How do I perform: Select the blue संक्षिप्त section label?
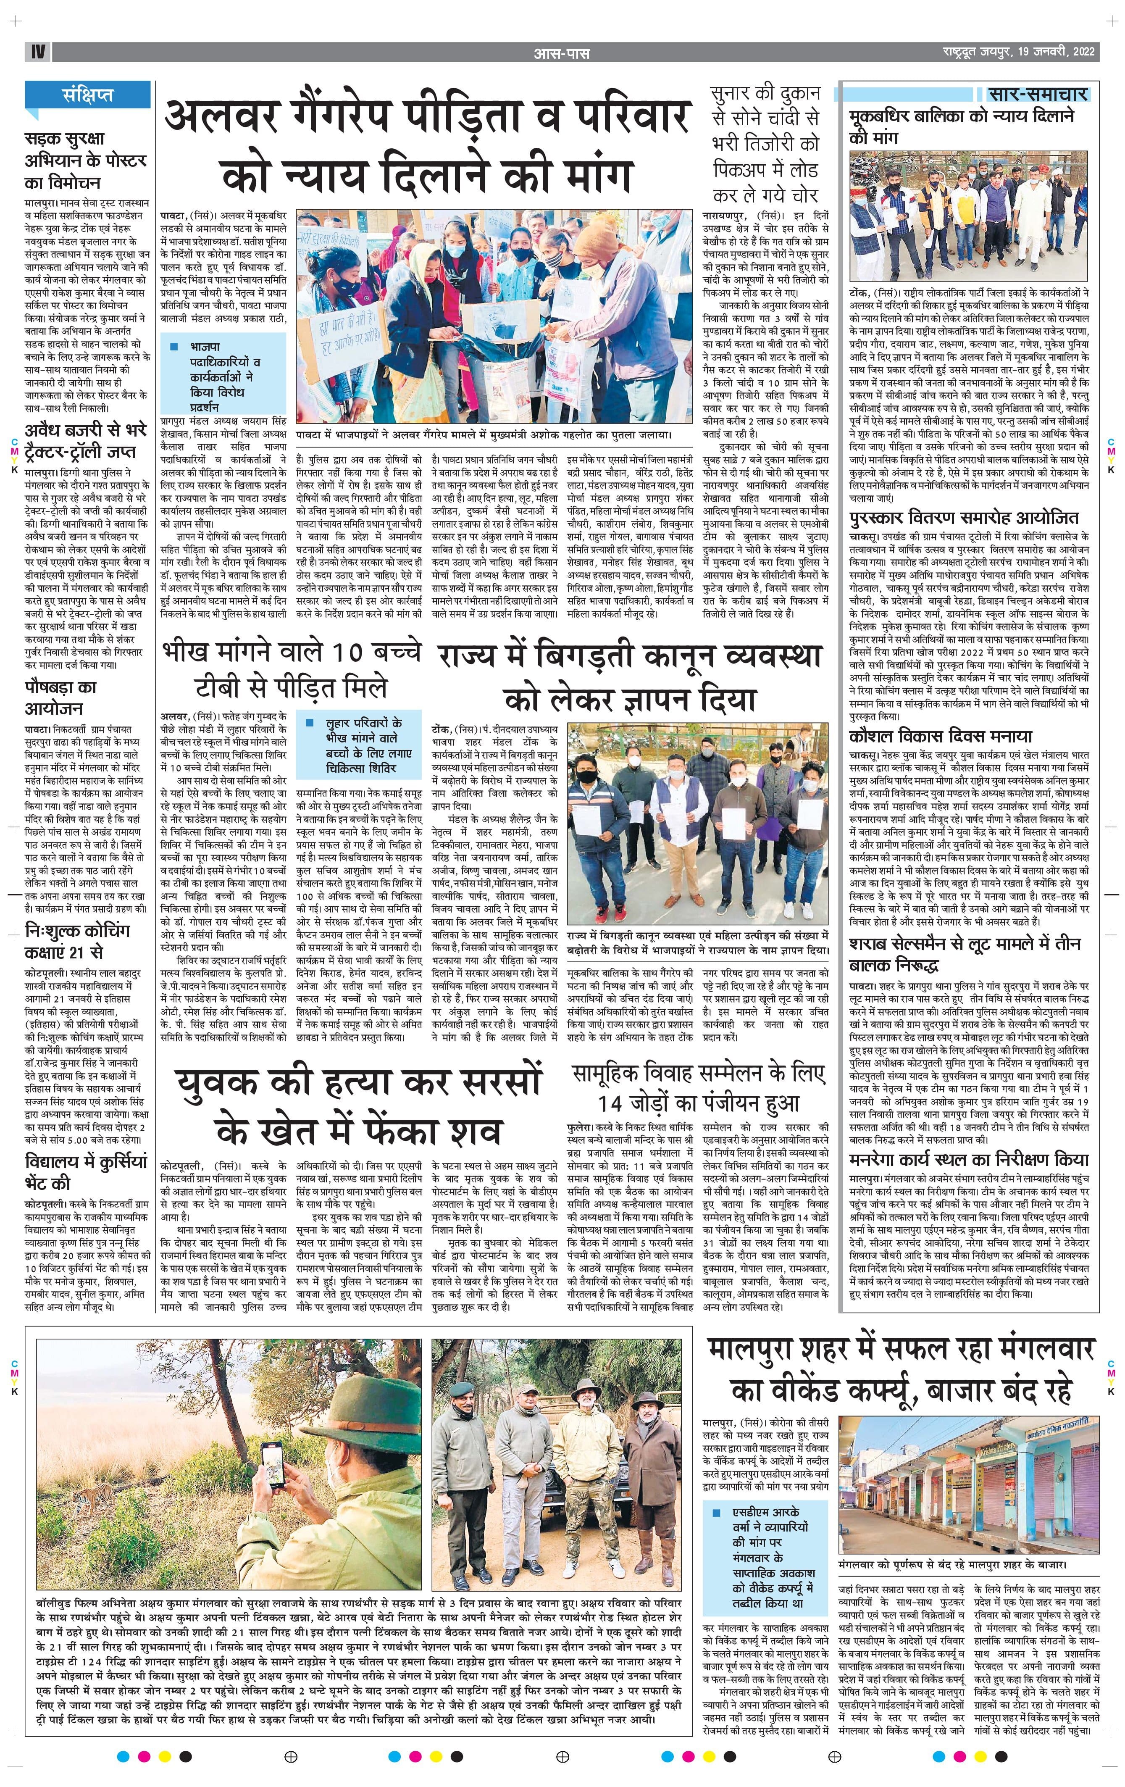click(87, 95)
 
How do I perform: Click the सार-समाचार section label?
click(1038, 94)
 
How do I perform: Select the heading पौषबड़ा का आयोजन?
click(61, 697)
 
